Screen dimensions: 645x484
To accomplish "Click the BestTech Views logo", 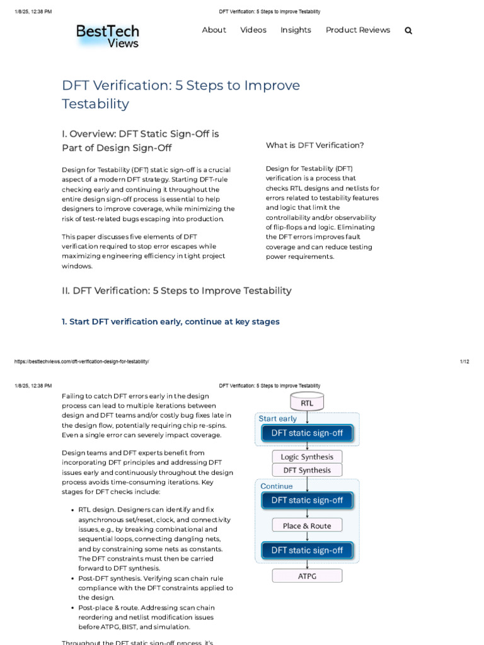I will coord(107,36).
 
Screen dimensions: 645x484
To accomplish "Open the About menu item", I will coord(214,30).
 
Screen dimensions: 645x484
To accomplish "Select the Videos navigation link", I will coord(253,30).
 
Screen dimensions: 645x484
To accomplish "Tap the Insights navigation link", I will coord(296,30).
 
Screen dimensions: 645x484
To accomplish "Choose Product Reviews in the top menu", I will coord(357,30).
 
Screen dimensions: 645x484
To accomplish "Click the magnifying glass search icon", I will coord(408,30).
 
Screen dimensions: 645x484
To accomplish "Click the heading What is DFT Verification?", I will coord(314,146).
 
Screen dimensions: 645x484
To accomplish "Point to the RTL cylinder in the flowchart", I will coord(307,402).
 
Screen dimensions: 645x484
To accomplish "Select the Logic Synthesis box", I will coord(307,457).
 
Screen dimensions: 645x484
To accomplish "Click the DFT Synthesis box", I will coord(307,470).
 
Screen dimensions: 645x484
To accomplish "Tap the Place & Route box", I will coord(307,525).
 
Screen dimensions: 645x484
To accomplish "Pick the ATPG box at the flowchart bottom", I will coord(307,576).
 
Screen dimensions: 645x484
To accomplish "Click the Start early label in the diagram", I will coord(278,418).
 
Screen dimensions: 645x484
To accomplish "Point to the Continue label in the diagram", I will coord(277,486).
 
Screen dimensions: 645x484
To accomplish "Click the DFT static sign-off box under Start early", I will coord(307,433).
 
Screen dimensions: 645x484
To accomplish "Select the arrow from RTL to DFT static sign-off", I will coord(307,417).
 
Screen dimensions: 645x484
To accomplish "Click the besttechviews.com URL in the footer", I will coord(81,362).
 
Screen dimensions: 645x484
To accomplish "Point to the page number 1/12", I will coord(464,362).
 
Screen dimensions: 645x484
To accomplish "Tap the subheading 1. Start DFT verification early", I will coord(170,322).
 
